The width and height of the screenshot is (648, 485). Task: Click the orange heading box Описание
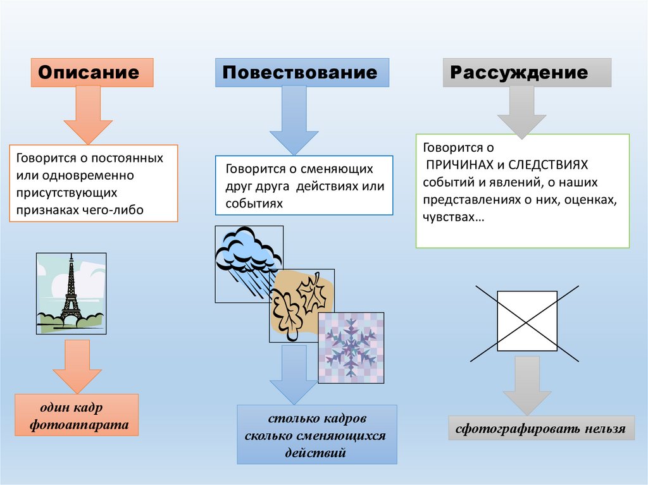92,72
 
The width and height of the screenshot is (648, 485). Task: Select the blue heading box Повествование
302,72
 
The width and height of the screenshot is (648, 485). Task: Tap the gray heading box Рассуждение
526,72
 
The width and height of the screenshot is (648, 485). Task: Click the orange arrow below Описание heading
88,114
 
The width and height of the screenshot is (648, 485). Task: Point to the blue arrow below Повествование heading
294,120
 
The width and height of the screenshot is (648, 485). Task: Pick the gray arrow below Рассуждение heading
521,111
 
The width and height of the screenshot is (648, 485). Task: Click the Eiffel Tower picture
71,293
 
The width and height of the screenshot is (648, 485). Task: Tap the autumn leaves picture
301,305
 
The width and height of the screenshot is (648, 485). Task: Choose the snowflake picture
351,347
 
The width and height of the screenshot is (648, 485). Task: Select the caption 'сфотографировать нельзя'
540,429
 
